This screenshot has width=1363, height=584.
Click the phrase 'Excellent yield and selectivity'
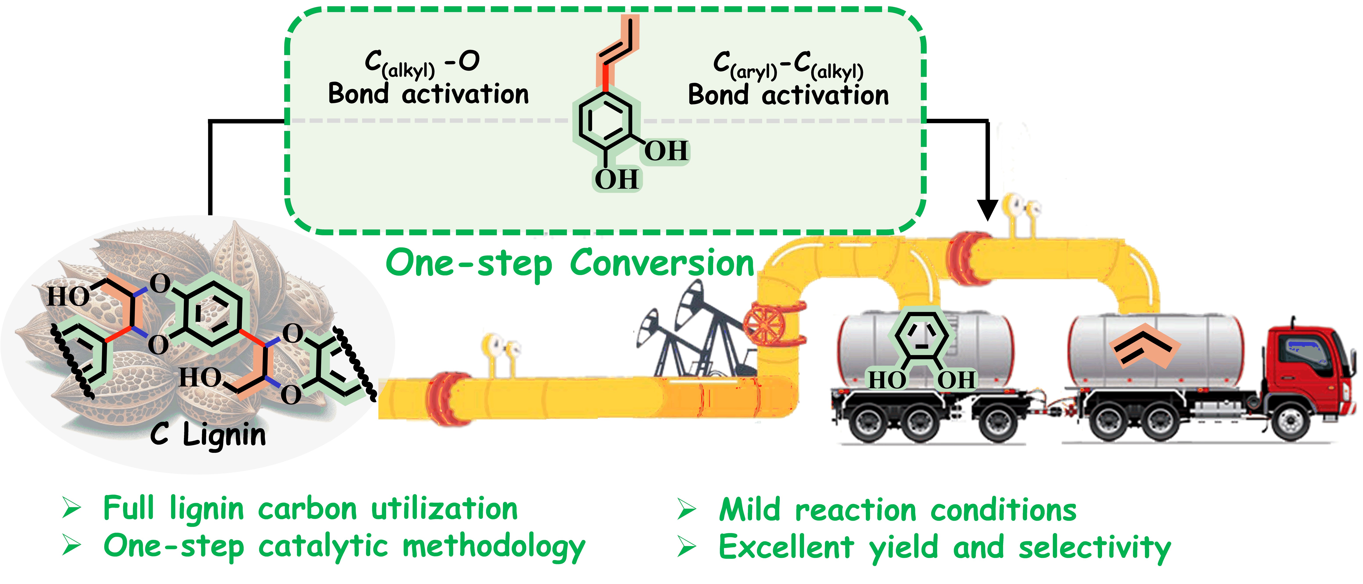945,548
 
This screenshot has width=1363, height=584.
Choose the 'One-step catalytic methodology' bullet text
344,546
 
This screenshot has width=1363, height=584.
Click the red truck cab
1307,365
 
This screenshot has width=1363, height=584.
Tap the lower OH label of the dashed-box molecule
616,179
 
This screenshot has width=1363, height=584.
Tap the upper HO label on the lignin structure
68,296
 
